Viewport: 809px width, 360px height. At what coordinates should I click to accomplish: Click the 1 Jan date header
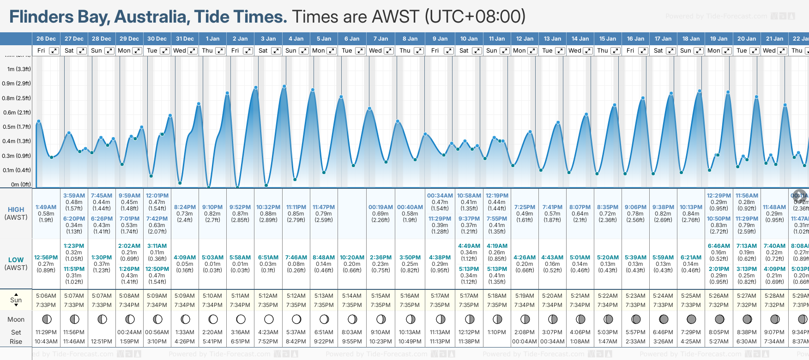[213, 39]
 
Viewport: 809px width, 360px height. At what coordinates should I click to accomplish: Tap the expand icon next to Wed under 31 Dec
[193, 51]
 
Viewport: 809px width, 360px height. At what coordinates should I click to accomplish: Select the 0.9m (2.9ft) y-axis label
[16, 84]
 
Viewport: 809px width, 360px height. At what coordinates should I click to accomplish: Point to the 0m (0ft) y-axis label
[20, 185]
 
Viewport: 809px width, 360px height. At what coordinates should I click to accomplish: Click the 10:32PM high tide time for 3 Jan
[268, 207]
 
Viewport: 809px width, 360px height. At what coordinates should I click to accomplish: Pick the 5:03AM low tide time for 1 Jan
[213, 258]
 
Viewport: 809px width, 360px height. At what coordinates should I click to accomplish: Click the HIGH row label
[16, 210]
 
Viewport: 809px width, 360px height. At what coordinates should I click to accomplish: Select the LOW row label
[16, 260]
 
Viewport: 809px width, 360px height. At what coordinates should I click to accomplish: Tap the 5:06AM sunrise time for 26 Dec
[46, 296]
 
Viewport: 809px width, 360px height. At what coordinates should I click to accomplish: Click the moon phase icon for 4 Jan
[296, 319]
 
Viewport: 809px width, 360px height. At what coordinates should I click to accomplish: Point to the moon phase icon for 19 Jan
[719, 319]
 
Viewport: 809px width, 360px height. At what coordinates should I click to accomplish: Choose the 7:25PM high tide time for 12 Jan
[525, 207]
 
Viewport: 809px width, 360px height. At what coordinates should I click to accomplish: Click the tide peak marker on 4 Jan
[284, 86]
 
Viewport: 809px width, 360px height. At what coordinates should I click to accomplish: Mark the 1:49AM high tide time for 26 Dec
[46, 207]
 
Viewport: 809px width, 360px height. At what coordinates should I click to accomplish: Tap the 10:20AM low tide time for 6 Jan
[352, 258]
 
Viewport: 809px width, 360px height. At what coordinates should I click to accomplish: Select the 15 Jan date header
[608, 39]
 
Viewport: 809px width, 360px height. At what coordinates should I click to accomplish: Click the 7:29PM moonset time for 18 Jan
[691, 332]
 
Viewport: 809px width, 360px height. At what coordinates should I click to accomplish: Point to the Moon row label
[16, 319]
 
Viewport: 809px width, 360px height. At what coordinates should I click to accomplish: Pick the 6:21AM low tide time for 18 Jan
[691, 258]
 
